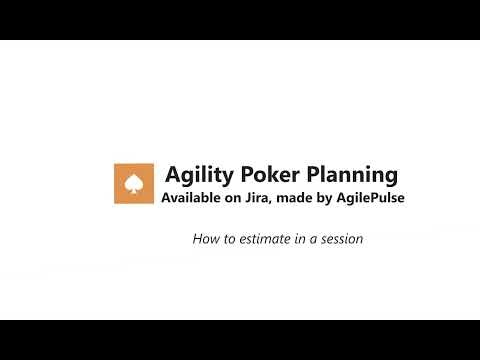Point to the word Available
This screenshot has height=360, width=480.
(195, 198)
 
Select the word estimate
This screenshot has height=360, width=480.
(261, 239)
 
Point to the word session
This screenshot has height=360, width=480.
(338, 239)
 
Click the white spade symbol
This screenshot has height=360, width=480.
(135, 183)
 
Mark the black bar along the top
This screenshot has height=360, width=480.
(240, 19)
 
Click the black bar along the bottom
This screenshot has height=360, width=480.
(240, 340)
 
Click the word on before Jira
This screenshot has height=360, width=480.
(244, 198)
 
